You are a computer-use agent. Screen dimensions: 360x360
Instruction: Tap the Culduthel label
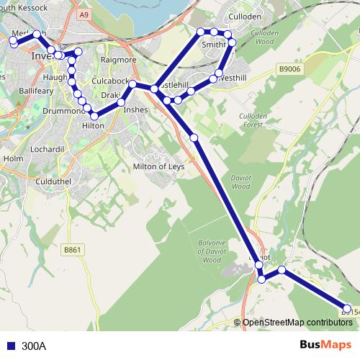[x=51, y=182]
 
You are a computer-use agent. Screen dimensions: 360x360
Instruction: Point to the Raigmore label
[x=119, y=60]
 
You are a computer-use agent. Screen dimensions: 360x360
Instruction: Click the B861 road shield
[x=71, y=250]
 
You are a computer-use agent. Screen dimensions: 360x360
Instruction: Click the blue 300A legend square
[x=10, y=346]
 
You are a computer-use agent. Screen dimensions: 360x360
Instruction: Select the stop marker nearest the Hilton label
[x=94, y=116]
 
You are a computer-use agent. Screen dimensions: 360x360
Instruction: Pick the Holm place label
[x=14, y=158]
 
